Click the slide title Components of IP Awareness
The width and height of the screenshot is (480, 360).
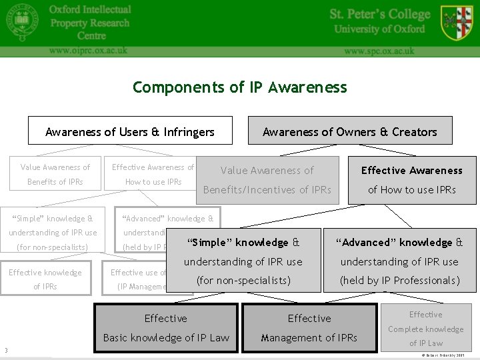[240, 87]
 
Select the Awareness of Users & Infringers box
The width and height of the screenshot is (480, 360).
[130, 131]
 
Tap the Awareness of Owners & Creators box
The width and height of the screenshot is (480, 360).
[350, 131]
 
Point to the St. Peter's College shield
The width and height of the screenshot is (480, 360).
[457, 22]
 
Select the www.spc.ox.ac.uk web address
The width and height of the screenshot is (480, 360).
[379, 51]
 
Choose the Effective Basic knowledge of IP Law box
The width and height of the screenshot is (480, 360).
[166, 328]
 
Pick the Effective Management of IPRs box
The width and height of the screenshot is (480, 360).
[309, 328]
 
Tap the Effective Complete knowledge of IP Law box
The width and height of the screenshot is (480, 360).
[426, 329]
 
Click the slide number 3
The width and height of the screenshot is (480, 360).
[6, 351]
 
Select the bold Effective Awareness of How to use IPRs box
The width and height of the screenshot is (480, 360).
[411, 180]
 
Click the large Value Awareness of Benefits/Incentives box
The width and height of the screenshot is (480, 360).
[267, 180]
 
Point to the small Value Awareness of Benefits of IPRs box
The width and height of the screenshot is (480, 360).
[55, 175]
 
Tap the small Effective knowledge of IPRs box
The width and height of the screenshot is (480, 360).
[45, 279]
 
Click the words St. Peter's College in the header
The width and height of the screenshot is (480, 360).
[380, 14]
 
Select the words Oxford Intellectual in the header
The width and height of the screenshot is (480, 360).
[90, 9]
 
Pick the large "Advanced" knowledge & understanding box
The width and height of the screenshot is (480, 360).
[399, 261]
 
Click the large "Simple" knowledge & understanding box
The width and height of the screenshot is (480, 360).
[243, 261]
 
